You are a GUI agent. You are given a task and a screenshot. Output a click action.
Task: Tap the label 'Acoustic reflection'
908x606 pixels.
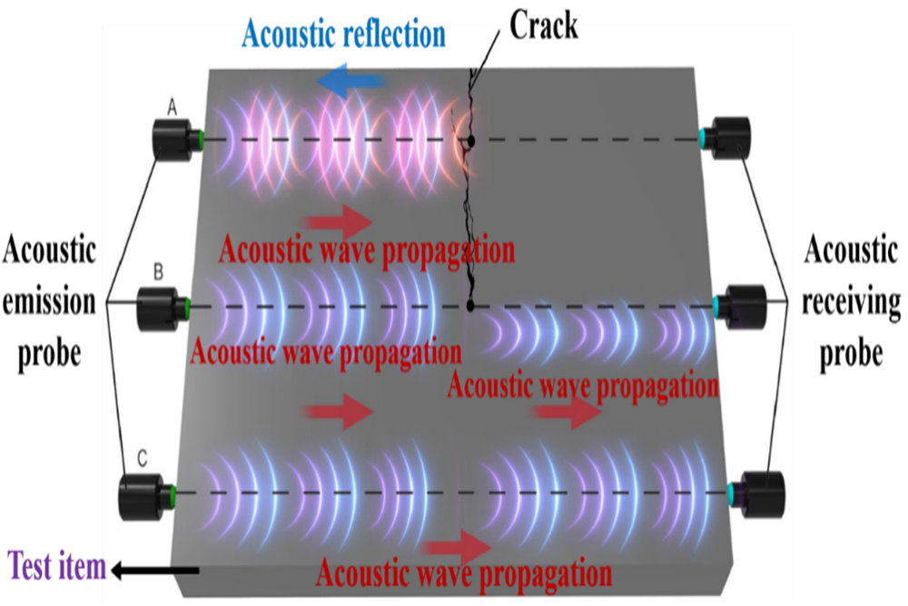pos(343,35)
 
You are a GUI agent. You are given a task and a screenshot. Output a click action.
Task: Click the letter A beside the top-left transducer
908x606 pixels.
pos(172,108)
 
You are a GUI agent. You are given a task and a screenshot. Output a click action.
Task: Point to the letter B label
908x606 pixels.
pos(157,270)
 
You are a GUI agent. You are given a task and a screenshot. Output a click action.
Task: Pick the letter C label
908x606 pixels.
pos(143,458)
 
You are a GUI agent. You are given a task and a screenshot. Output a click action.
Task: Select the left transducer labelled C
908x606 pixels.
pos(145,495)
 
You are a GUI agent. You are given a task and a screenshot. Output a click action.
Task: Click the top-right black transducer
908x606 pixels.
pos(730,138)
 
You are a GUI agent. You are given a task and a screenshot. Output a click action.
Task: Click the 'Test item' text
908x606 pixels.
pos(56,568)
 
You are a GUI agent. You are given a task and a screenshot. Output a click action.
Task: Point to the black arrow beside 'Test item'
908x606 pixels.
pos(154,570)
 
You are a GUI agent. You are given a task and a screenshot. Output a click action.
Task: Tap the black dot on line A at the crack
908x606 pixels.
pos(471,141)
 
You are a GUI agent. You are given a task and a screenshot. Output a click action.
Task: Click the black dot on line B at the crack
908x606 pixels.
pos(470,306)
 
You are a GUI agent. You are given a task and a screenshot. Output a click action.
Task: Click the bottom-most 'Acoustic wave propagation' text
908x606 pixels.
pos(463,573)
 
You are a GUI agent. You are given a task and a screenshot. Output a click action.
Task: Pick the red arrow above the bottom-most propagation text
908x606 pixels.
pos(459,546)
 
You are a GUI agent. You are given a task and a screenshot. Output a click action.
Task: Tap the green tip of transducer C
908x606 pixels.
pos(173,494)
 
